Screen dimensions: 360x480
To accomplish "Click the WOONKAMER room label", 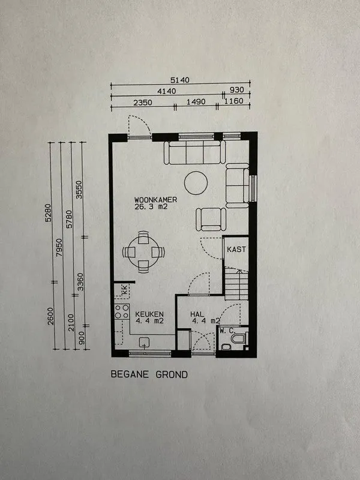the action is tap(155, 200).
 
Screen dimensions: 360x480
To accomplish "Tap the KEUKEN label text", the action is tap(149, 314).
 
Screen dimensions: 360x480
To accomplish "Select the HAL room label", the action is tap(197, 314).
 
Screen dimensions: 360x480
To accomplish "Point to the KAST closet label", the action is tap(236, 249).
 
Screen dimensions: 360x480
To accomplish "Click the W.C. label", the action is tap(227, 331).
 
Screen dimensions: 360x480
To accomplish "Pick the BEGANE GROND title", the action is tap(149, 374).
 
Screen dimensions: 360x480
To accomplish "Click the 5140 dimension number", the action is tap(180, 80).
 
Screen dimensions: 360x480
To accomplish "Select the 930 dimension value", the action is tap(237, 90).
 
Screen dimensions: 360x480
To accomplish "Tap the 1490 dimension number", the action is tap(196, 101).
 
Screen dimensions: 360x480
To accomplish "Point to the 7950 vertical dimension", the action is tap(59, 248).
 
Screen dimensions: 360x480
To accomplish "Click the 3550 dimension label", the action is tap(79, 190).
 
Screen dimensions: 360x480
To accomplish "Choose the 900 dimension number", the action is tap(82, 337).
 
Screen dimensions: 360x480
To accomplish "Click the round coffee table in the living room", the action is tap(196, 183).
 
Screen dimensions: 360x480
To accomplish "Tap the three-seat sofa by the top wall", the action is tap(194, 152).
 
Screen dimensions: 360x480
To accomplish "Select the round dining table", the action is tap(143, 252).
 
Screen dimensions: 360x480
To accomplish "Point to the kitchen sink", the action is tap(144, 342).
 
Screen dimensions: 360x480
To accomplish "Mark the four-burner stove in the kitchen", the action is tap(122, 311).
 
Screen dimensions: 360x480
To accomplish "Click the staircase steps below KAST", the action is tap(236, 284).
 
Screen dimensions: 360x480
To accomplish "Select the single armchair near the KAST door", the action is tap(211, 219).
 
